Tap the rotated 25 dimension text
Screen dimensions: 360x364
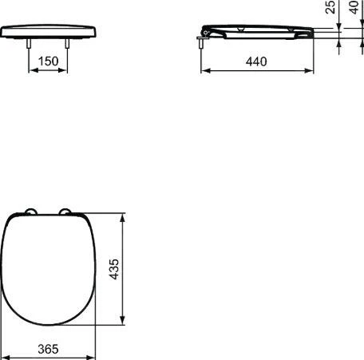[x=331, y=10]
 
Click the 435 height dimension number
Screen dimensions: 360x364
[x=115, y=269]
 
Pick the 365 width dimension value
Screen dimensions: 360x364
[x=49, y=350]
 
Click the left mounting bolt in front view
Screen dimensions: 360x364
[x=31, y=45]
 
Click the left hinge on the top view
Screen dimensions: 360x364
[x=30, y=212]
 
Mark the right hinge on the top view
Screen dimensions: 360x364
[x=66, y=212]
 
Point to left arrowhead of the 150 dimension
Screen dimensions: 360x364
[x=33, y=69]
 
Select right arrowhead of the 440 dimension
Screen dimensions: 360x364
[x=309, y=69]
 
